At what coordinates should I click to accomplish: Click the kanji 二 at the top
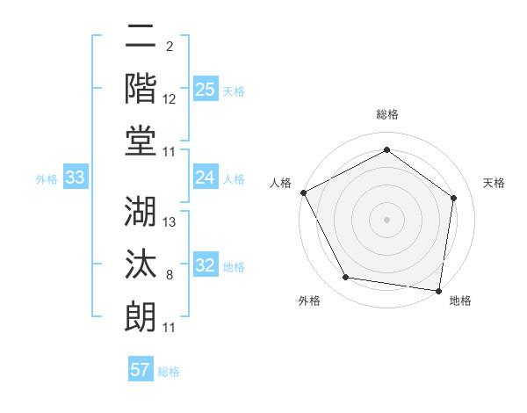click(141, 37)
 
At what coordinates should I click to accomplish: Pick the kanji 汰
click(141, 262)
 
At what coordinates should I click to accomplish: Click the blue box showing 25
click(206, 89)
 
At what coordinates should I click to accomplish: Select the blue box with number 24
click(206, 178)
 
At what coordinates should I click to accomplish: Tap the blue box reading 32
click(206, 265)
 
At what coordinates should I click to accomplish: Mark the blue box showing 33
click(76, 178)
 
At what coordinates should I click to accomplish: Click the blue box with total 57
click(141, 370)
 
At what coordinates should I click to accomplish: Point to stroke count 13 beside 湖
click(170, 221)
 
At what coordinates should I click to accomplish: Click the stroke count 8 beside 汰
click(170, 275)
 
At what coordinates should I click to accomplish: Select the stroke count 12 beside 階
click(170, 98)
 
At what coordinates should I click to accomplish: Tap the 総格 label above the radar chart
click(386, 115)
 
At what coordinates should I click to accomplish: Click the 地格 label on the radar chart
click(460, 301)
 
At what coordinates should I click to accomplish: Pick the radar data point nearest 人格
click(303, 192)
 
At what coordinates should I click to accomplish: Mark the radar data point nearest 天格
click(454, 198)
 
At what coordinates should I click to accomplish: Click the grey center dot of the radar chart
click(386, 219)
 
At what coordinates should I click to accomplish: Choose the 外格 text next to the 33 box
click(47, 178)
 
